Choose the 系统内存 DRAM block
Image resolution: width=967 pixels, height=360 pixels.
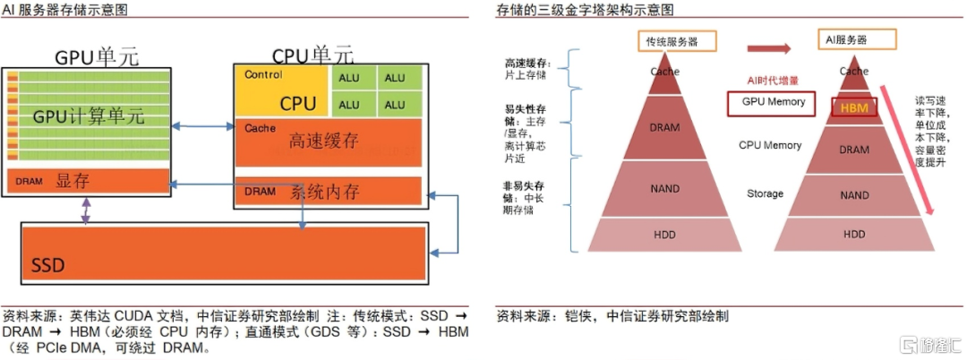[x=327, y=192]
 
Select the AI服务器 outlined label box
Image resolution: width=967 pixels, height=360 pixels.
[x=856, y=40]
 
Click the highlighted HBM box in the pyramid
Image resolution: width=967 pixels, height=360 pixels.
[x=854, y=107]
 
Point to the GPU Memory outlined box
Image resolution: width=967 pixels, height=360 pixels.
[x=773, y=102]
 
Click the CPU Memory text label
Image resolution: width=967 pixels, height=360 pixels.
[x=769, y=145]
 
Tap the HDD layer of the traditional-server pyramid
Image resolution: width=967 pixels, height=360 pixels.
[x=665, y=235]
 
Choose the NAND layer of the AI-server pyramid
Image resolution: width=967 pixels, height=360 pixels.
[x=854, y=194]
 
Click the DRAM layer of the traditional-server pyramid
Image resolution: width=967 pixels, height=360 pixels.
[x=665, y=128]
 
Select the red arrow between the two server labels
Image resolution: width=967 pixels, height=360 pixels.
[x=771, y=49]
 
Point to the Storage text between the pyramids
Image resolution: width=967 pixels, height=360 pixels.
[x=765, y=193]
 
